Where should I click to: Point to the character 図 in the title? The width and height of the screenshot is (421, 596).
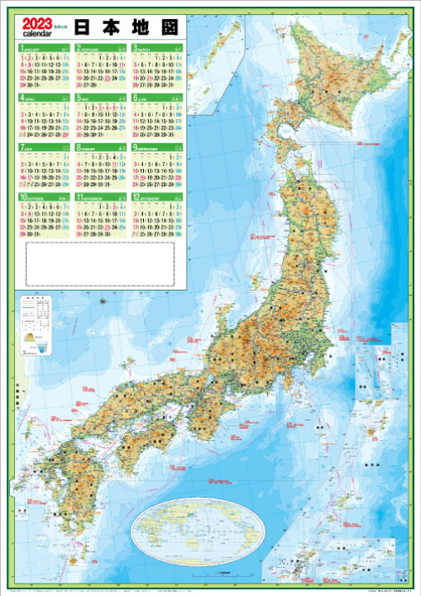click(165, 26)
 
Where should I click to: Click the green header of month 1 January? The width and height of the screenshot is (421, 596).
click(43, 48)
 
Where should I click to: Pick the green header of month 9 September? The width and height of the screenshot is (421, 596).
click(156, 147)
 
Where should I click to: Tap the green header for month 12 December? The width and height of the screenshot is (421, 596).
click(156, 195)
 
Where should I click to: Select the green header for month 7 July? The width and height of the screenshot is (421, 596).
click(43, 147)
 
